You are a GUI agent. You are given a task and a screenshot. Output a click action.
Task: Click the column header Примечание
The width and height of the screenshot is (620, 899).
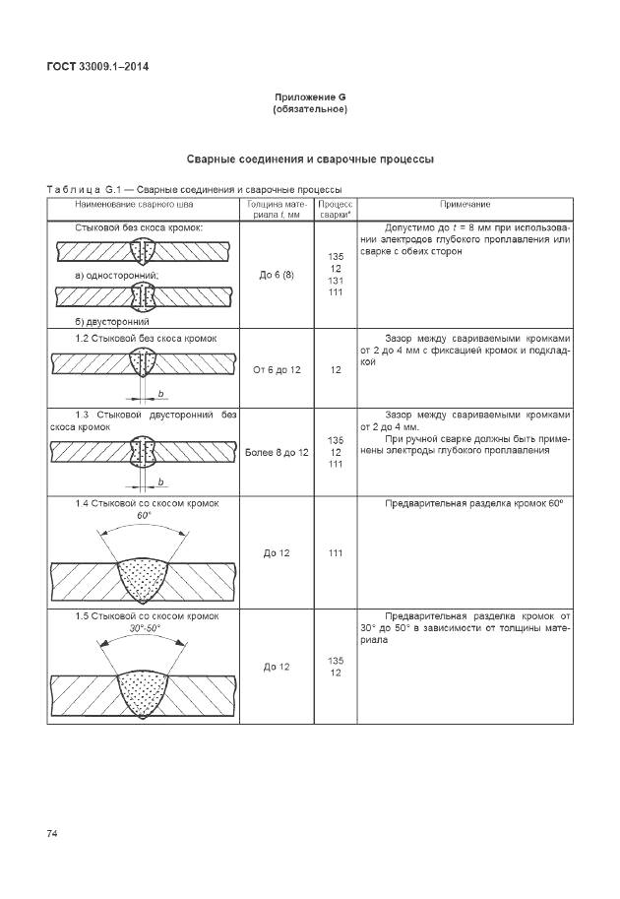click(x=465, y=204)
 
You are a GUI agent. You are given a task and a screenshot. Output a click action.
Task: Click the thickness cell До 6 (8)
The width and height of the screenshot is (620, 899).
click(x=277, y=275)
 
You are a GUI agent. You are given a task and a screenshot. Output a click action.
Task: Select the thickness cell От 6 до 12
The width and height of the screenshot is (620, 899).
click(x=277, y=370)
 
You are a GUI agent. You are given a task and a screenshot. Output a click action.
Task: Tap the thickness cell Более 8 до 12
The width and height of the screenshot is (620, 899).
click(x=277, y=452)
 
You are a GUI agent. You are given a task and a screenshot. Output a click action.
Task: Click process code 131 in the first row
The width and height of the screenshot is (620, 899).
click(x=336, y=281)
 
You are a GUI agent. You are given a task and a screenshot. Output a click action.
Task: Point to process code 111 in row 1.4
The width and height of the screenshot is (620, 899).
click(x=336, y=553)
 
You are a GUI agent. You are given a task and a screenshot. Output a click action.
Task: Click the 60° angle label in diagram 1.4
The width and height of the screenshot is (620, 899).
click(x=144, y=516)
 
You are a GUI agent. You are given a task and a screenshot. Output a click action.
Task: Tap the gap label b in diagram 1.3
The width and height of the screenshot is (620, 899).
click(x=159, y=482)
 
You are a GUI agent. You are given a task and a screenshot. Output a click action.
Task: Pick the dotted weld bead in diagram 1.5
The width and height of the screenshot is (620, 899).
click(x=144, y=690)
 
